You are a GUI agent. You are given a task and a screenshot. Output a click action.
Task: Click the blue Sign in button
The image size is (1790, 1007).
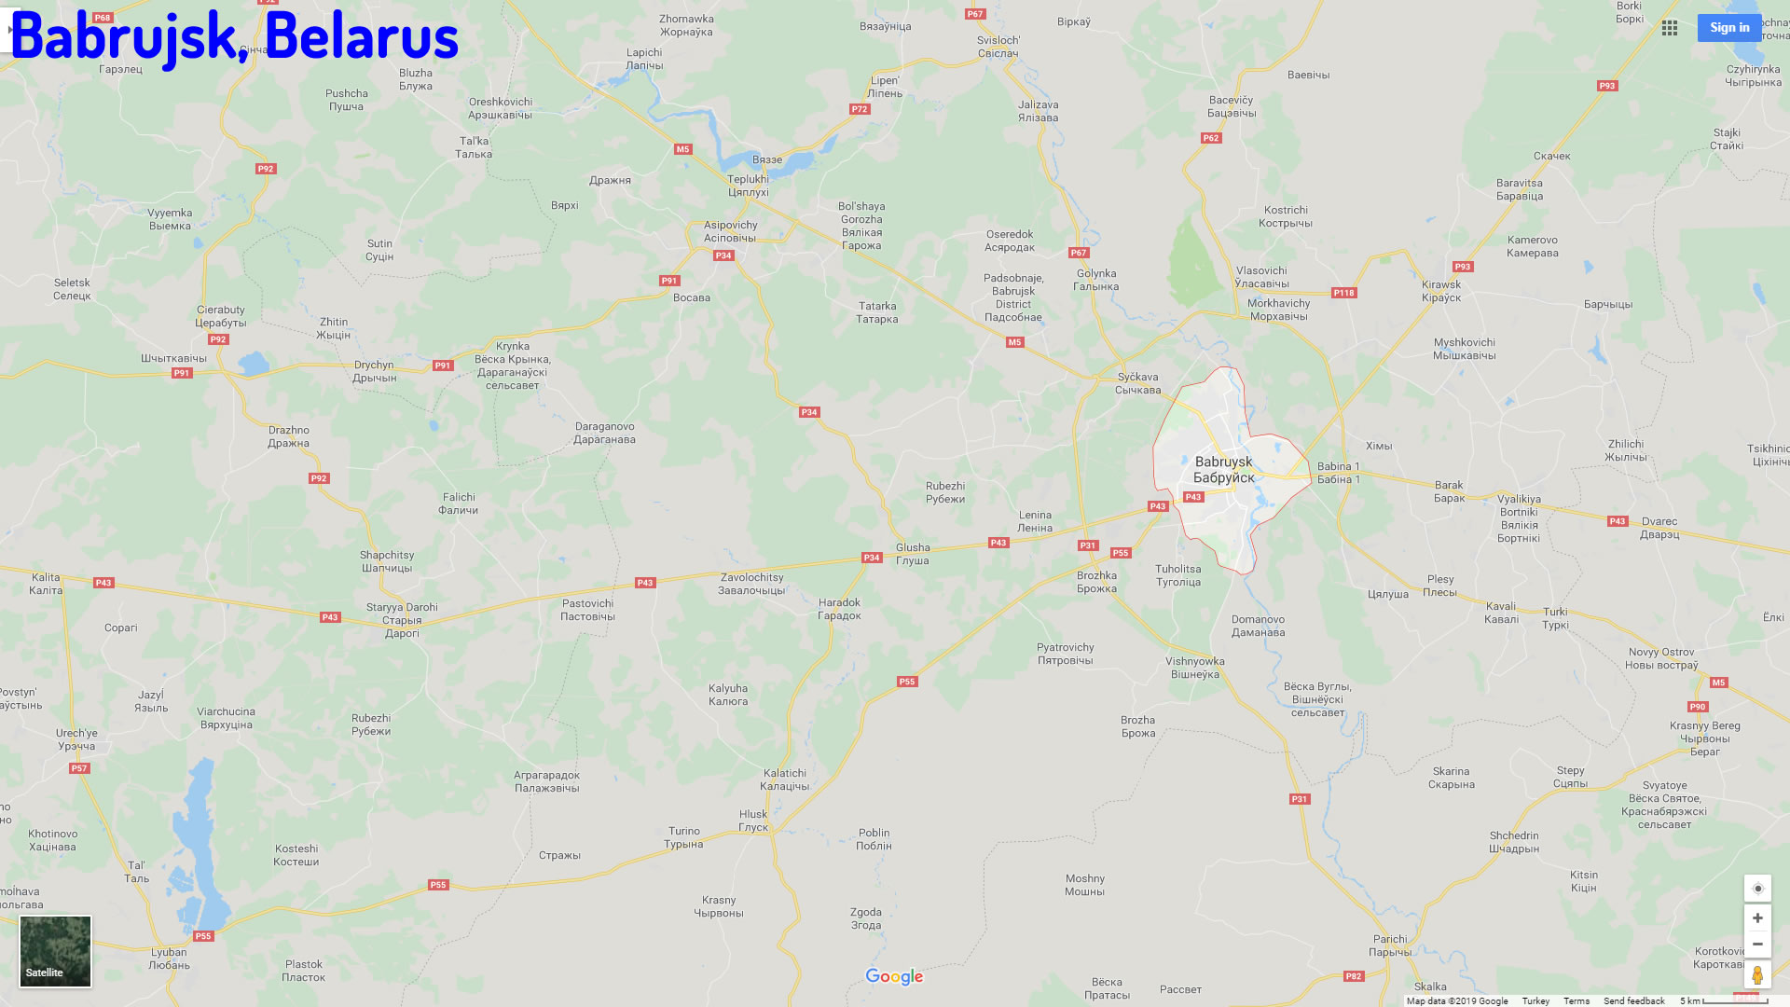tap(1728, 28)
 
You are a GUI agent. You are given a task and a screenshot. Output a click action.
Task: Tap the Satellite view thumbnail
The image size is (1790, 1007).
tap(56, 951)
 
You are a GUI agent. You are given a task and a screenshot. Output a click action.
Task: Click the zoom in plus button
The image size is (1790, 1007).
tap(1757, 918)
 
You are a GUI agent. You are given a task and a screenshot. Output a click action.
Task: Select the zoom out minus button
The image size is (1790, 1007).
tap(1757, 945)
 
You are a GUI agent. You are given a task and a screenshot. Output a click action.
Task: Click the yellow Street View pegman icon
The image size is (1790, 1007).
tap(1757, 975)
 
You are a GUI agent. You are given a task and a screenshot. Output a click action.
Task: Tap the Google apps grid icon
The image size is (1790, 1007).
tap(1670, 28)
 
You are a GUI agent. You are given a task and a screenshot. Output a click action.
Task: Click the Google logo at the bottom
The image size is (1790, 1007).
tap(894, 976)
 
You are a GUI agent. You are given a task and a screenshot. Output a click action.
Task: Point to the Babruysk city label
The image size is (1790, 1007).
tap(1224, 470)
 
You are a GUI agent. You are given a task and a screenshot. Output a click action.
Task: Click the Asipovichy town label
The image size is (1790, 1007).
tap(730, 231)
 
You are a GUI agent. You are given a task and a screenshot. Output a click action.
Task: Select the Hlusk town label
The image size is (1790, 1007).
tap(753, 821)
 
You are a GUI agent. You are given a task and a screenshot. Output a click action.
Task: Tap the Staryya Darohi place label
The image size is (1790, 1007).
tap(402, 620)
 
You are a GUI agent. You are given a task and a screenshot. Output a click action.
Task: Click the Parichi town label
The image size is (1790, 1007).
tap(1390, 945)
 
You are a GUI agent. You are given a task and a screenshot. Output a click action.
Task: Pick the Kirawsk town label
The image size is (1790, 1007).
tap(1441, 291)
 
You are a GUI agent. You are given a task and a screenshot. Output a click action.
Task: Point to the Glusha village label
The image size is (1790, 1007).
tap(913, 554)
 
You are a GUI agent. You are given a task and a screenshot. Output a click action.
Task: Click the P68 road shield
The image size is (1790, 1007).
tap(103, 18)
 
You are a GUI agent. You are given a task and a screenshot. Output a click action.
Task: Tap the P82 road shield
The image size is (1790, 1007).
tap(1354, 976)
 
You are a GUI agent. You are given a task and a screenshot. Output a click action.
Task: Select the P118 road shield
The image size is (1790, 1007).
tap(1343, 293)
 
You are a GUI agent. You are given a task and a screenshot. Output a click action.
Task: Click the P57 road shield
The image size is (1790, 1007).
tap(79, 768)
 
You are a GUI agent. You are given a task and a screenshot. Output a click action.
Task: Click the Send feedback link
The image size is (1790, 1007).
tap(1633, 1001)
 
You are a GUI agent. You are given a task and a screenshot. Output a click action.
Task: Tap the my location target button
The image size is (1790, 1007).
tap(1757, 889)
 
